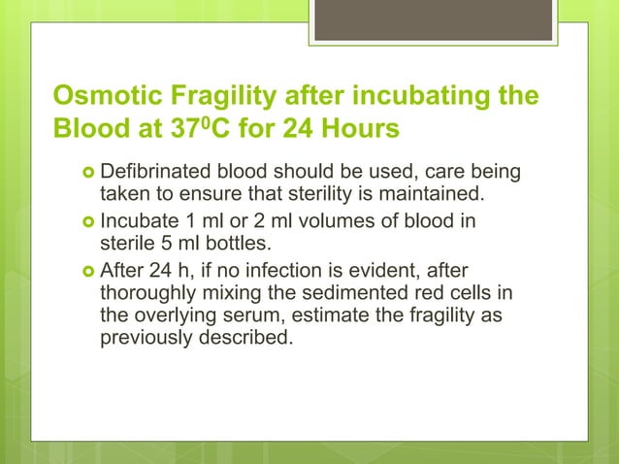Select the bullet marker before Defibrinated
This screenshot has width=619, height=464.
[85, 174]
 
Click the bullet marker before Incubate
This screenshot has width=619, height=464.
[85, 221]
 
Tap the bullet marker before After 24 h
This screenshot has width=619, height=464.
[85, 269]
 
